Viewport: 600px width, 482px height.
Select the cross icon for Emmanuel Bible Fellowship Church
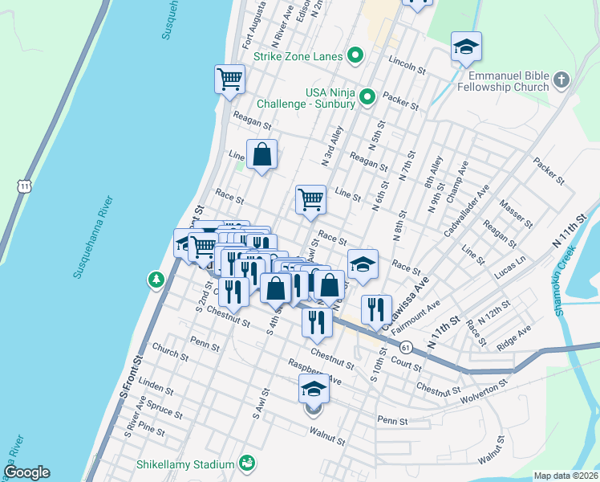tap(561, 80)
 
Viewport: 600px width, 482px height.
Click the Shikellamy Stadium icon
tap(248, 464)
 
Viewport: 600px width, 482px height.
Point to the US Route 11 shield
tap(25, 186)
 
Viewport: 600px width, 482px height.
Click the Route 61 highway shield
tap(407, 347)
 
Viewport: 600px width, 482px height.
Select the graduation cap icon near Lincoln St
tap(466, 47)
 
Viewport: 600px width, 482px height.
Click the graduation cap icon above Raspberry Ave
tap(314, 390)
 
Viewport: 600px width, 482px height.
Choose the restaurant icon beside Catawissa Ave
tap(375, 309)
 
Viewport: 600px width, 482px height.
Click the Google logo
tap(26, 472)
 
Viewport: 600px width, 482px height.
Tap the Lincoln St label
tap(405, 65)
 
